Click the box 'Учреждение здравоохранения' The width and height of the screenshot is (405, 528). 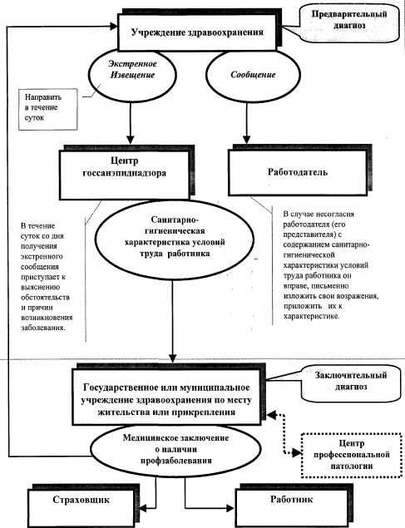[x=198, y=32]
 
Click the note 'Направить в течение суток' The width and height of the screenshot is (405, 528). [x=47, y=110]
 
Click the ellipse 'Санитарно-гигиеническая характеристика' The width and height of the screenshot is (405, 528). [x=174, y=239]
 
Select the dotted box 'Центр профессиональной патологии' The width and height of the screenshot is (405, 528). [x=352, y=455]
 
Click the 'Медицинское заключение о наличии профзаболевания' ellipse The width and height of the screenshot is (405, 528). [x=175, y=449]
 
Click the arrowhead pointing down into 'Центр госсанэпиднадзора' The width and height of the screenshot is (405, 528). [x=131, y=140]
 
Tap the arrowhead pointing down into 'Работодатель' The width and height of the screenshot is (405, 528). [x=247, y=140]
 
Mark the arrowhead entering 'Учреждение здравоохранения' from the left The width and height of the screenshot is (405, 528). [x=113, y=27]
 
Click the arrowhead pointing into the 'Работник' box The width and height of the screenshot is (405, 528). [x=230, y=509]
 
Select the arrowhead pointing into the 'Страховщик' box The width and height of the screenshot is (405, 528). [x=142, y=509]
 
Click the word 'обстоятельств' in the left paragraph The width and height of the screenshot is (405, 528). [x=45, y=298]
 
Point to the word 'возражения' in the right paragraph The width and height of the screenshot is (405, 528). [x=358, y=296]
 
